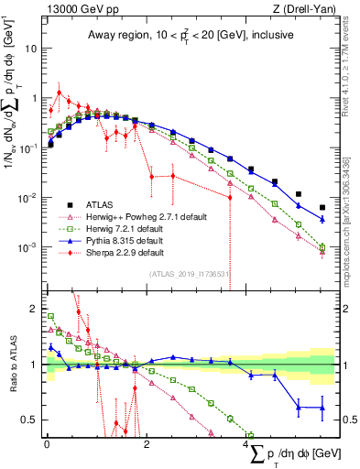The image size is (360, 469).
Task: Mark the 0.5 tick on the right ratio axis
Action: click(x=348, y=420)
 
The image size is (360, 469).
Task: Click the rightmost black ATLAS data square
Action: click(x=322, y=208)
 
